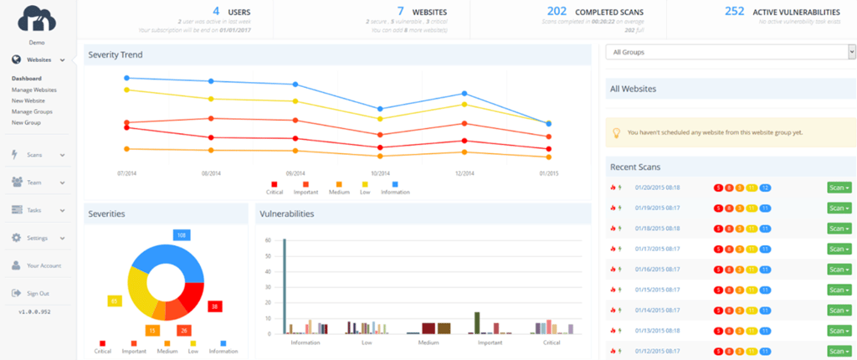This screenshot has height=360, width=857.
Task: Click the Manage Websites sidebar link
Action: [x=34, y=90]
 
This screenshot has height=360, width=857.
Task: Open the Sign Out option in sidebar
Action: [x=38, y=293]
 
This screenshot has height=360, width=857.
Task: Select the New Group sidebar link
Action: [x=26, y=122]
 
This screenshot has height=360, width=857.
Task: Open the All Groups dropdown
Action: [x=729, y=52]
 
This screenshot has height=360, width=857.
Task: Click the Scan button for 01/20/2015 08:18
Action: [x=838, y=188]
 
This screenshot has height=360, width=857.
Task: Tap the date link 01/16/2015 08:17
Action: [x=657, y=269]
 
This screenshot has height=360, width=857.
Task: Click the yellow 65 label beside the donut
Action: [x=114, y=300]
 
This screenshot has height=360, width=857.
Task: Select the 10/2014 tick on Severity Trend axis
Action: [x=380, y=173]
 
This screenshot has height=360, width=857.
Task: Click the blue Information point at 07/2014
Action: [x=126, y=78]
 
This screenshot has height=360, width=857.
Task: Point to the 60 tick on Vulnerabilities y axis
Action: [x=269, y=240]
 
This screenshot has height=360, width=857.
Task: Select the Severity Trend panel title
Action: [x=115, y=55]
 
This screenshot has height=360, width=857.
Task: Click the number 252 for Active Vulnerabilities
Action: [x=734, y=12]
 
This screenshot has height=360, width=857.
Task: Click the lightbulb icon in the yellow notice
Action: [x=617, y=132]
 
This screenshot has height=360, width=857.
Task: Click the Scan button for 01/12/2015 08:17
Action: [x=838, y=350]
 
